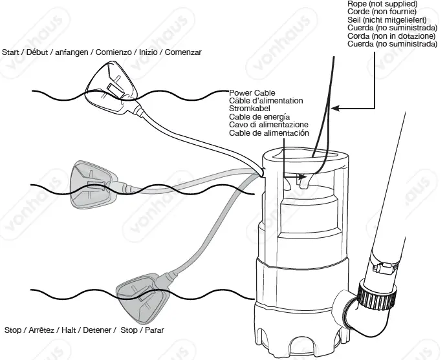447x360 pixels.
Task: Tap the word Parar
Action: coord(154,330)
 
